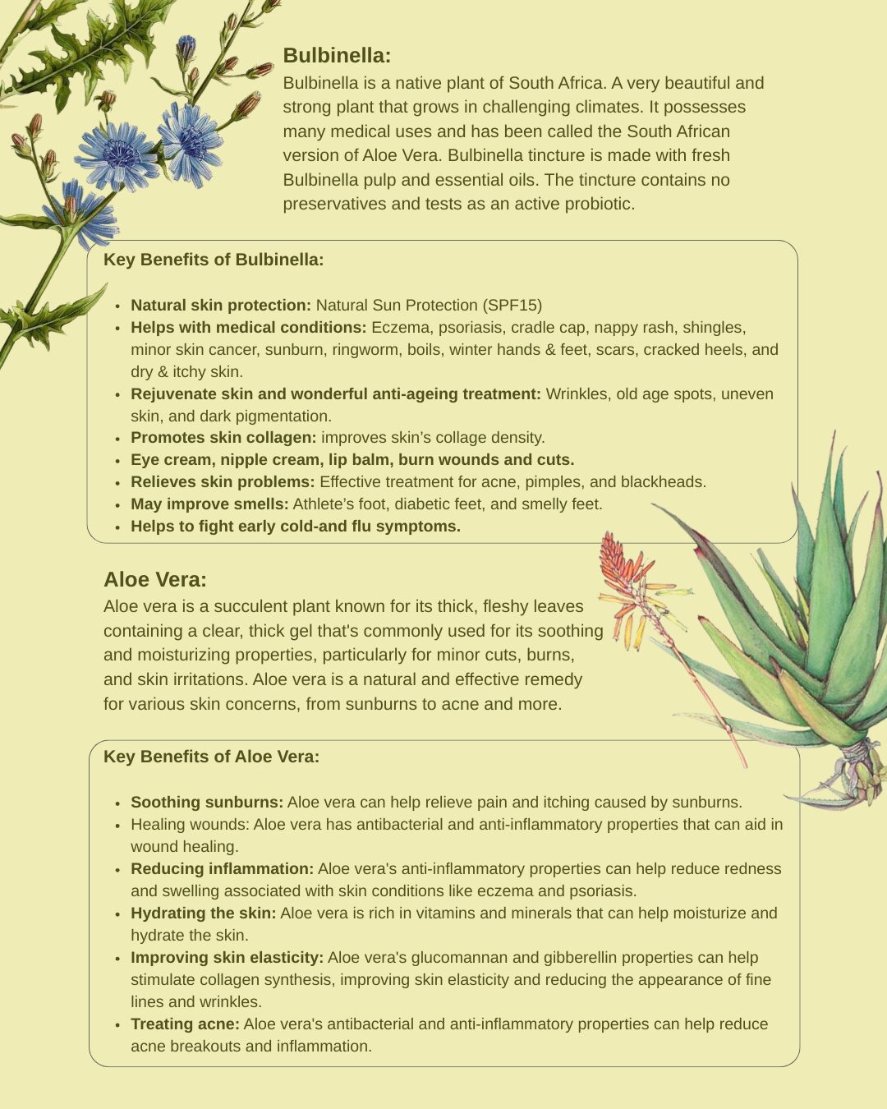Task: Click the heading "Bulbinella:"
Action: [337, 56]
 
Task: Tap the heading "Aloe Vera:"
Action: [155, 580]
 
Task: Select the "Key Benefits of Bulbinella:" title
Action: [214, 260]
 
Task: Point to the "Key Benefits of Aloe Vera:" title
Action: [211, 757]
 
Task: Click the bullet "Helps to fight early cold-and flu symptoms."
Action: [296, 527]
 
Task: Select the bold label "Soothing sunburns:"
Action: [207, 803]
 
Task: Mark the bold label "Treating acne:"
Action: [185, 1024]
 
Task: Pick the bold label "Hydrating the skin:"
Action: [203, 913]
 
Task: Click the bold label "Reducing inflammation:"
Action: [222, 869]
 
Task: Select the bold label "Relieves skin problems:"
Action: [223, 482]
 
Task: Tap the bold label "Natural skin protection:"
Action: [221, 306]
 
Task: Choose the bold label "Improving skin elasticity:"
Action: [227, 958]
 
